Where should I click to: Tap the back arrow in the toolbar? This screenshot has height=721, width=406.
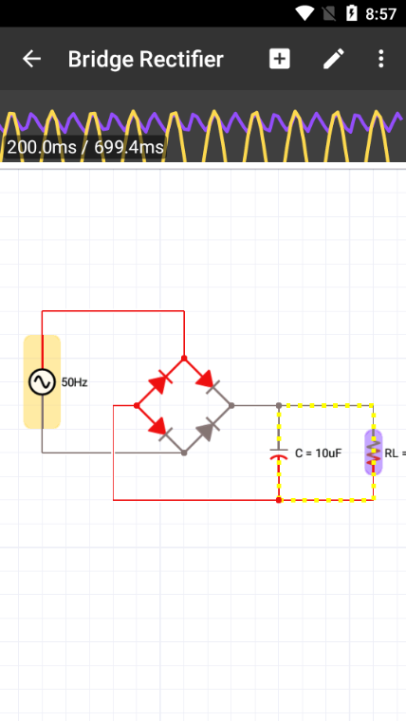[31, 59]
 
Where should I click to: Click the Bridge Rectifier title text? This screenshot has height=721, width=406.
[146, 60]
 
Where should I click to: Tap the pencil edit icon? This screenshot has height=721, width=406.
[333, 59]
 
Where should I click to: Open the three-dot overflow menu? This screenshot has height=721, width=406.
[380, 59]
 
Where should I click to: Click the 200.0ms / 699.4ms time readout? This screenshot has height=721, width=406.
[85, 147]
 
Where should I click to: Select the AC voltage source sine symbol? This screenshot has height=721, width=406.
[43, 381]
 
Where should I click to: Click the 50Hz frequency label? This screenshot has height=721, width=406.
[75, 382]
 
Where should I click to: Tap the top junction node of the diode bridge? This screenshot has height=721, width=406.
[184, 358]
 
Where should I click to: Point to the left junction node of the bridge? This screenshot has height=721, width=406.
[137, 405]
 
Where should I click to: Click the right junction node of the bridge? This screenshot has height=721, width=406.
[231, 405]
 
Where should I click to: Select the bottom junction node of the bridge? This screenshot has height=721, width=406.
[184, 453]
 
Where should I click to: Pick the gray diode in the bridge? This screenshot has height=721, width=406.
[208, 430]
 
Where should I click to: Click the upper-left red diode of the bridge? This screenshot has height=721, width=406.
[159, 382]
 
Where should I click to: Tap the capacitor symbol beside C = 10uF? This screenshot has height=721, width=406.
[279, 453]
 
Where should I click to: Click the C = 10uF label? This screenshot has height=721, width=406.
[318, 453]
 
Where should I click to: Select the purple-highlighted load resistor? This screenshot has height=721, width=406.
[374, 453]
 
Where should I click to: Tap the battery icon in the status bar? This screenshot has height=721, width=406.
[351, 13]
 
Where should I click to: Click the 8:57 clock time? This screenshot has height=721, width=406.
[380, 14]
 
